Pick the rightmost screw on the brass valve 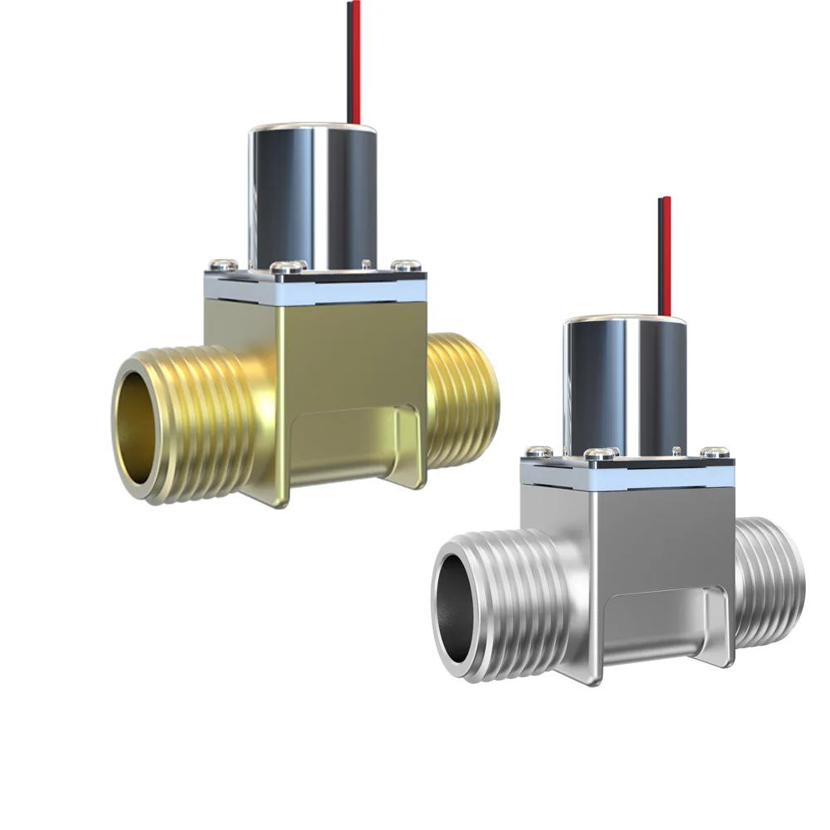pos(405,266)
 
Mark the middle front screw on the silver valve pos(599,455)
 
